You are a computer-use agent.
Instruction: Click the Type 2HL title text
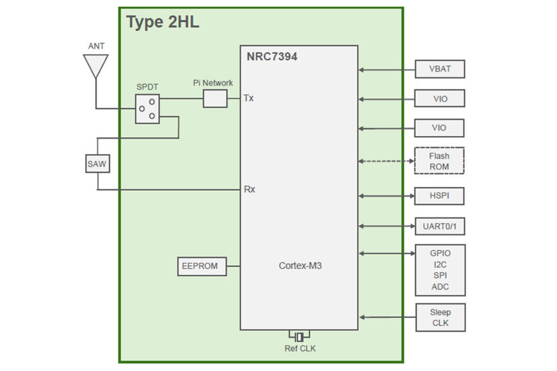coord(163,22)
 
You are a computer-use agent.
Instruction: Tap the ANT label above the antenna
coord(96,47)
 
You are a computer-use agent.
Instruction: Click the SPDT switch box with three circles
coord(147,109)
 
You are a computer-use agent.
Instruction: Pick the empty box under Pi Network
coord(215,99)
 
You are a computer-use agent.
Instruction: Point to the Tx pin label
coord(249,98)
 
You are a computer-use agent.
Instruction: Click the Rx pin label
coord(249,190)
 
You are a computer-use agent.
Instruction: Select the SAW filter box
coord(97,162)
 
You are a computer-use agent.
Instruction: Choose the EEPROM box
coord(202,266)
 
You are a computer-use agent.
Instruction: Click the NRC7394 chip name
coord(272,56)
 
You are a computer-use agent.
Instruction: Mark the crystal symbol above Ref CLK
coord(299,337)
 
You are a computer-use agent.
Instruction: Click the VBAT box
coord(440,70)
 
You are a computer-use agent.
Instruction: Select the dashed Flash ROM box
coord(440,161)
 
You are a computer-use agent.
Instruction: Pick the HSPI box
coord(440,196)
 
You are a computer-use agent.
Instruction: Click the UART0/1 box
coord(440,226)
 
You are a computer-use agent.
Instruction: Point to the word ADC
coord(440,287)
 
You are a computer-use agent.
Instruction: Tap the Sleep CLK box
coord(440,317)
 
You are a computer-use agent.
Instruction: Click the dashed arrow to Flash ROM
coord(386,161)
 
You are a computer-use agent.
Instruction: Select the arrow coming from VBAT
coord(386,70)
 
